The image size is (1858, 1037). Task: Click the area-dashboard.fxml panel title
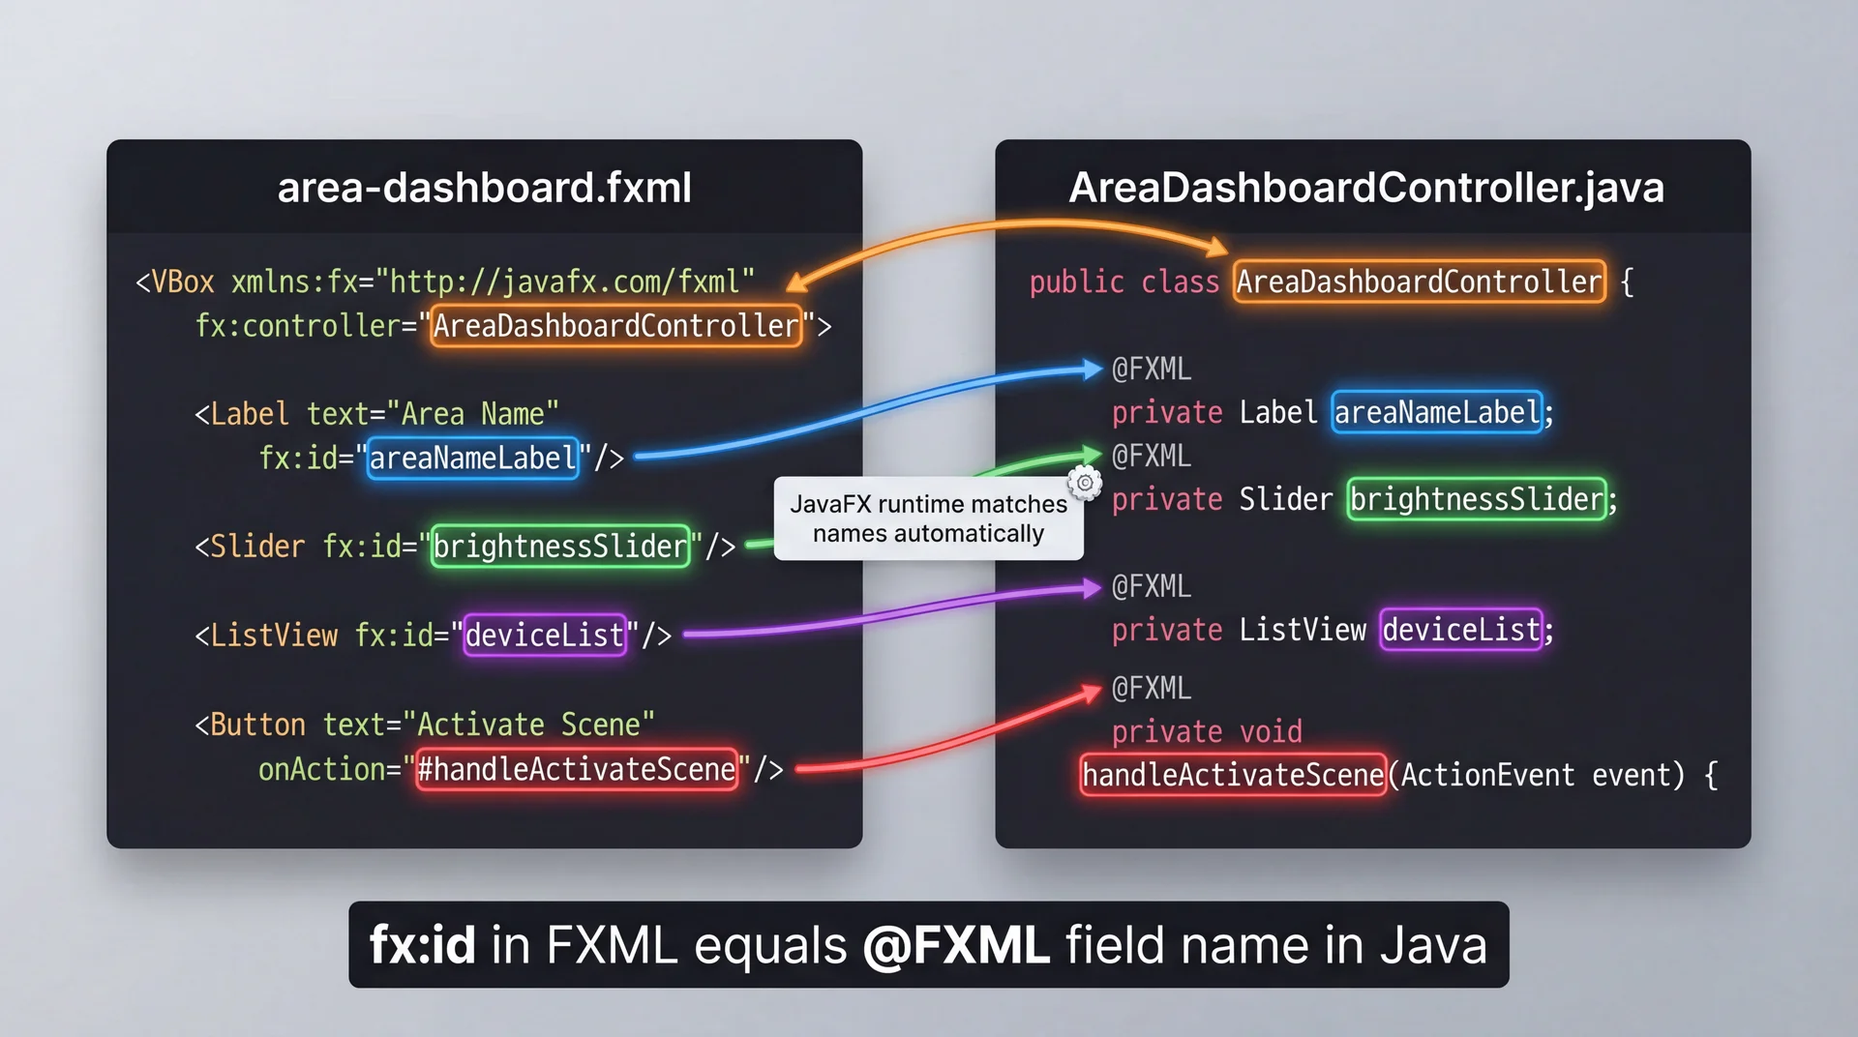484,188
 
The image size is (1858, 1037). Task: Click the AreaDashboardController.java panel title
1365,188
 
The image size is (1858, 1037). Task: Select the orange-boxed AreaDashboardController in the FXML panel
615,326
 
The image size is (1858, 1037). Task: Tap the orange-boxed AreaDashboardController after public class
1419,281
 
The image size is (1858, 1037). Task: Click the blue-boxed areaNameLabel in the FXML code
472,458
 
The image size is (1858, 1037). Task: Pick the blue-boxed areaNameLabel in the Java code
1436,413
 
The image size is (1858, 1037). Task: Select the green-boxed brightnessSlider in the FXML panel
559,547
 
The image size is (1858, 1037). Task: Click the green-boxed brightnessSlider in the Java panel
1476,499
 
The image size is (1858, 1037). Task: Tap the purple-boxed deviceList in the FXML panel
544,636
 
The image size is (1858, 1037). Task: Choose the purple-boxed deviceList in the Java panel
1460,630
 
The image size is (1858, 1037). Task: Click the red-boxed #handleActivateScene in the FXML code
576,770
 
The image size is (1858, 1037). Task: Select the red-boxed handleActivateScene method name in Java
1232,775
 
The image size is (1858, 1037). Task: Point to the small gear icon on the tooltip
1085,482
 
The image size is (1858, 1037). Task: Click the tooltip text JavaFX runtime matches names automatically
928,518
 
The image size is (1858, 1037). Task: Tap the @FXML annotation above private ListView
1151,587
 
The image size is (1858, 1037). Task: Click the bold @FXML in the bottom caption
955,945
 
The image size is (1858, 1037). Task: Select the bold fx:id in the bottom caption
422,945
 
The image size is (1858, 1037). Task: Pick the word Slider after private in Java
1285,499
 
